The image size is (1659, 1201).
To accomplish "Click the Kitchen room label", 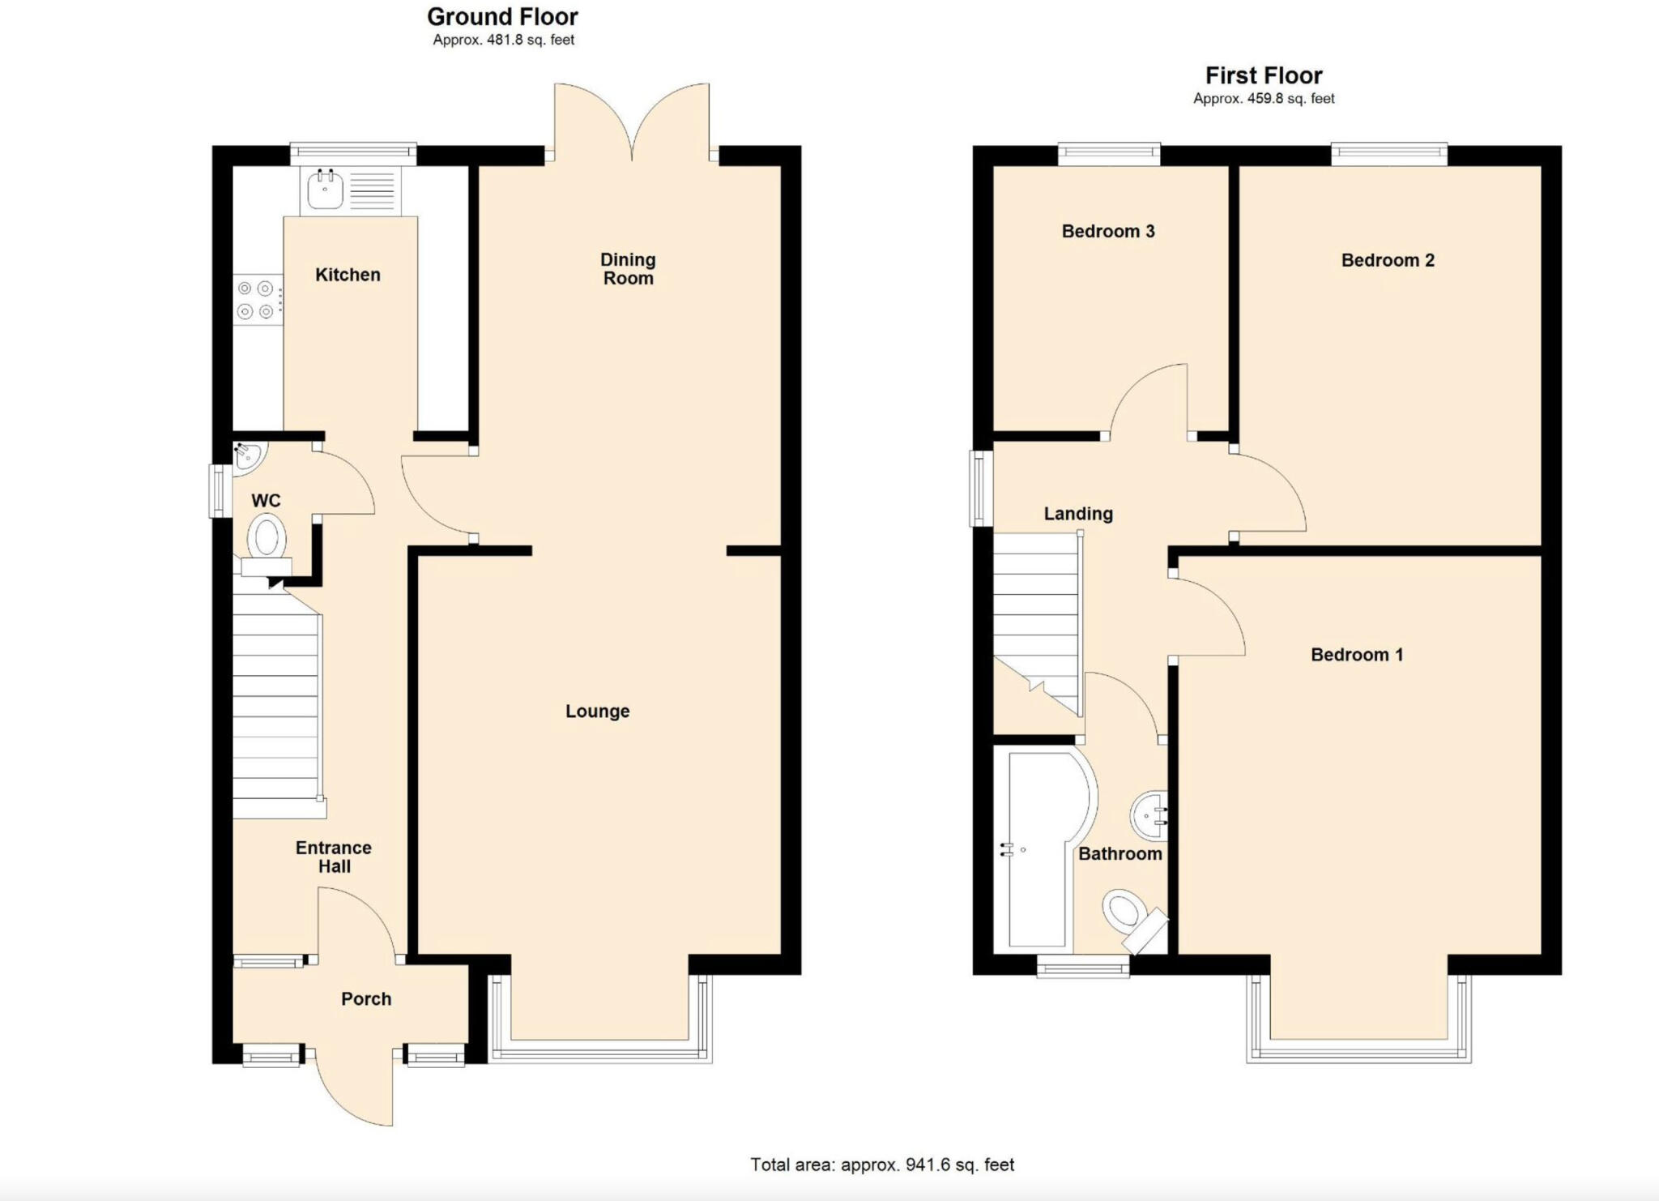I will point(348,275).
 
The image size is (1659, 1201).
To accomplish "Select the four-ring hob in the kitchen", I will point(256,300).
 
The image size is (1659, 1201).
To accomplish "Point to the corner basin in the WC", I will point(246,455).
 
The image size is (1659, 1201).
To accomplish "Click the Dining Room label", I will point(628,268).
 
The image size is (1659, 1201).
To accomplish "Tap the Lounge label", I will point(597,711).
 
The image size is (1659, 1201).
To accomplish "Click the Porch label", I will point(366,998).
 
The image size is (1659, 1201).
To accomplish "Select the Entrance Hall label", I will point(334,857).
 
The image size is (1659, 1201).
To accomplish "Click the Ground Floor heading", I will point(502,16).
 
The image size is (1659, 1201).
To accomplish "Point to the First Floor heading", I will point(1263,75).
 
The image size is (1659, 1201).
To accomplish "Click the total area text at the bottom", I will point(881,1165).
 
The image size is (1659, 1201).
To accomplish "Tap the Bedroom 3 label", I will point(1107,231).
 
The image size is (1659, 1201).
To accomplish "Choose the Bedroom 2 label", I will point(1387,260).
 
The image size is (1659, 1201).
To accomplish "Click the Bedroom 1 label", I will point(1356,654).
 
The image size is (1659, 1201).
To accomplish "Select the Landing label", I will point(1077,513).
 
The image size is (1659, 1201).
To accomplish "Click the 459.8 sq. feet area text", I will point(1263,98).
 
